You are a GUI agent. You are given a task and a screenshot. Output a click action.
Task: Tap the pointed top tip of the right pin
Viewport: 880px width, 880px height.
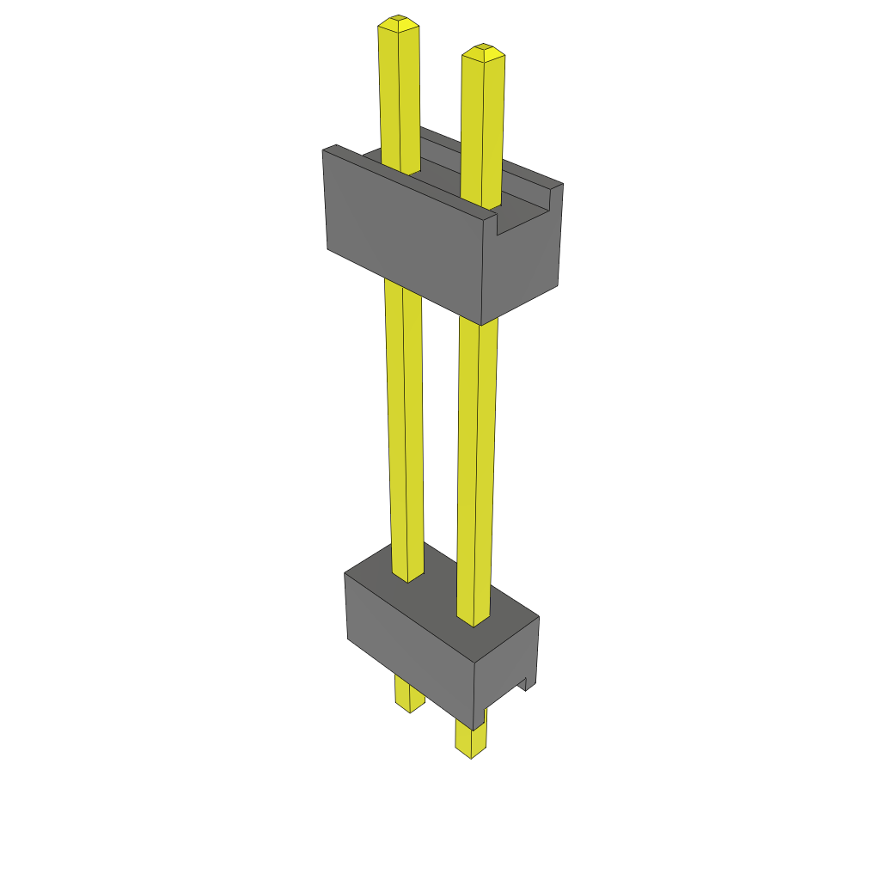tap(483, 48)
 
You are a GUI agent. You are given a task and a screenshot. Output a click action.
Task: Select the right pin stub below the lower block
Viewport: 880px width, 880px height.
tap(471, 739)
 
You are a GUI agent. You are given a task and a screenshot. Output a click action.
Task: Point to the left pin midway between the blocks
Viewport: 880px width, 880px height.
tap(404, 430)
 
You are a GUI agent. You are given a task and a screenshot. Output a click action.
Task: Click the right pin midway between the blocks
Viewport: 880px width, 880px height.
tap(477, 464)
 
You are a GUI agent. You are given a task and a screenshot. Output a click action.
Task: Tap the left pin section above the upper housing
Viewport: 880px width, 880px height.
tap(400, 95)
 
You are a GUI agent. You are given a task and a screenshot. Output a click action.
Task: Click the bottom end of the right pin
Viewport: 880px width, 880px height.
tap(471, 754)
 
